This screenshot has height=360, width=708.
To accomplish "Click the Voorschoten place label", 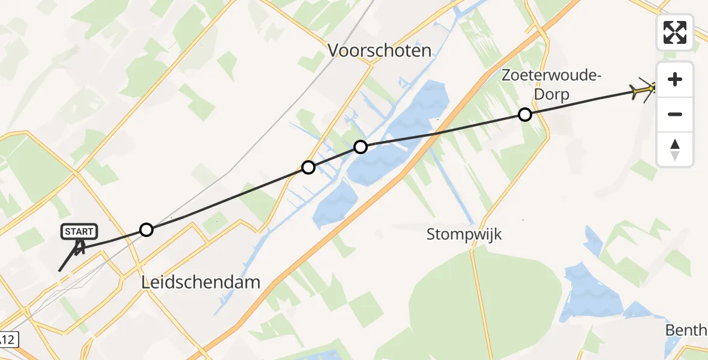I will [x=379, y=50].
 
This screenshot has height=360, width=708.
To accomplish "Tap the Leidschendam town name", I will [x=200, y=282].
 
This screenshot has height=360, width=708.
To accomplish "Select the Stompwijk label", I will [x=464, y=234].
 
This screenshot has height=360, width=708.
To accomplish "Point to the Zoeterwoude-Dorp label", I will [x=551, y=85].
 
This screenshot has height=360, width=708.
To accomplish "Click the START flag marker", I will [x=79, y=232].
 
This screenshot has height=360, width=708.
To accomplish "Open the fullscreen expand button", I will [x=675, y=32].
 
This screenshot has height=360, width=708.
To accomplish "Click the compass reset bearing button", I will [x=675, y=149].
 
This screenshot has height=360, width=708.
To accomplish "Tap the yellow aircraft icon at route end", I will [x=646, y=91].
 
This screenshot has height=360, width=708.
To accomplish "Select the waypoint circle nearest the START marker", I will [x=146, y=229].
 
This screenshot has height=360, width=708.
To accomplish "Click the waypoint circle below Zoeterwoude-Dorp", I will [x=525, y=114].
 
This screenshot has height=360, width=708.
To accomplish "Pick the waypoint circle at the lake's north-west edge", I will [x=360, y=146].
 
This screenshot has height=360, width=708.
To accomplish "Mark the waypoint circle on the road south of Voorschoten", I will [x=308, y=167].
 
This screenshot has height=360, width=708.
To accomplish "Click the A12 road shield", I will [x=8, y=340].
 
